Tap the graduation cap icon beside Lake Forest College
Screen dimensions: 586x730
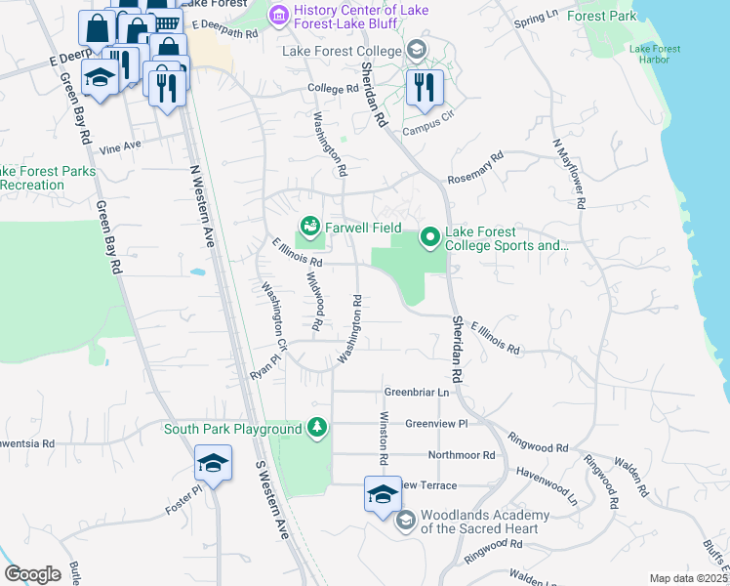tap(417, 50)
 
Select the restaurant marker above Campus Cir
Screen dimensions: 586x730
tap(425, 86)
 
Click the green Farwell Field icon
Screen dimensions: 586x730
tap(310, 228)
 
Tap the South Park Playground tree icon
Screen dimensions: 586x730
tap(316, 428)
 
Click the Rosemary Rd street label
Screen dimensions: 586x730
tap(475, 168)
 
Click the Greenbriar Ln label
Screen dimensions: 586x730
tap(416, 392)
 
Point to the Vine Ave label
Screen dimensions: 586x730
tap(121, 146)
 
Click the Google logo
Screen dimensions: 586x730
tap(32, 573)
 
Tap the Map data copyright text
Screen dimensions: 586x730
tap(689, 578)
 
